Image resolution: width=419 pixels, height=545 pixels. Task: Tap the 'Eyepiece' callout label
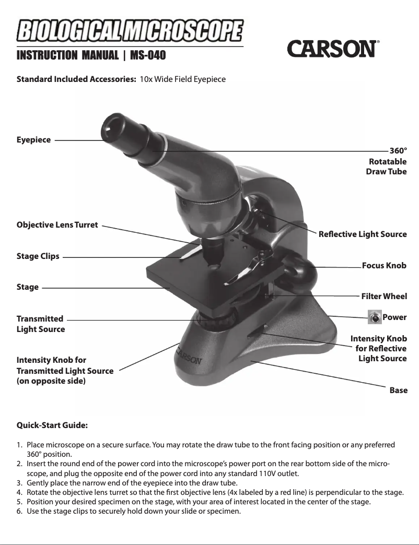pos(33,140)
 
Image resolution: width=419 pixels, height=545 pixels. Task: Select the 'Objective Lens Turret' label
pos(57,225)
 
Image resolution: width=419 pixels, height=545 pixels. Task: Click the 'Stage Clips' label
pos(38,256)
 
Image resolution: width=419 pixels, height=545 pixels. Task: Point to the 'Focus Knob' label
pos(384,266)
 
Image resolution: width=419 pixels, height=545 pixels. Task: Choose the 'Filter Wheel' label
pos(384,297)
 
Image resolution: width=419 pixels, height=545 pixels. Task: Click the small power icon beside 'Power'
pos(374,317)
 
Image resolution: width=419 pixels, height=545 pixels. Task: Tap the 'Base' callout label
pos(399,390)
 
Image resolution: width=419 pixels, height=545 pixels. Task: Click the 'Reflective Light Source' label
pos(363,234)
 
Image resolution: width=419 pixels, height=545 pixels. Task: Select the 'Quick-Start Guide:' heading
pos(52,425)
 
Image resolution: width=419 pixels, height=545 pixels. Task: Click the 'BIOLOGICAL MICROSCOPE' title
pos(130,31)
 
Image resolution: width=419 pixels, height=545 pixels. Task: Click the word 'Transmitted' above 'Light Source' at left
pos(40,318)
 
